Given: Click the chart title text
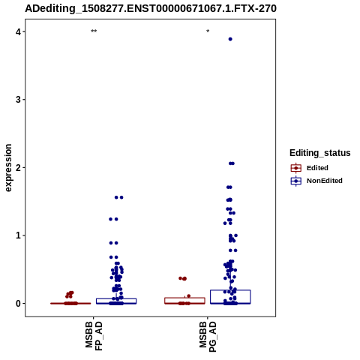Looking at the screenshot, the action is (x=151, y=8).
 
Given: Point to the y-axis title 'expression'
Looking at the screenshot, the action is (x=8, y=168).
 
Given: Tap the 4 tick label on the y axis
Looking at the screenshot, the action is (x=18, y=31).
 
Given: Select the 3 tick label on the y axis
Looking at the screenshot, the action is (x=18, y=100).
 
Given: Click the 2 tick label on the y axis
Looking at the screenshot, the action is (x=18, y=167).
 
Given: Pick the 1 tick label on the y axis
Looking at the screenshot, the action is (x=18, y=235).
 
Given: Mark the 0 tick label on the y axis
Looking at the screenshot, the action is (x=18, y=304).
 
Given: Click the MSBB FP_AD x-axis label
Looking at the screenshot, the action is (x=94, y=335).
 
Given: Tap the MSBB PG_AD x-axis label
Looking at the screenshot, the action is (x=208, y=337).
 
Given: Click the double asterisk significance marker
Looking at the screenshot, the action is (x=94, y=31).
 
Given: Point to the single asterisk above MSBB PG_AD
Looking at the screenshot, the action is (x=208, y=31).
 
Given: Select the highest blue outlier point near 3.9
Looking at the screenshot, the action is (x=230, y=39).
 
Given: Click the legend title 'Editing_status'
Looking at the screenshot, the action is (x=320, y=153).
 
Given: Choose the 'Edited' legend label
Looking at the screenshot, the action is (x=317, y=168).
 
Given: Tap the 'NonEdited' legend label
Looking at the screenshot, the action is (x=325, y=181).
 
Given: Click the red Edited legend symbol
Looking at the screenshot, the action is (x=296, y=168).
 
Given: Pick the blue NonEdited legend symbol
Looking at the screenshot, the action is (x=296, y=181).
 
